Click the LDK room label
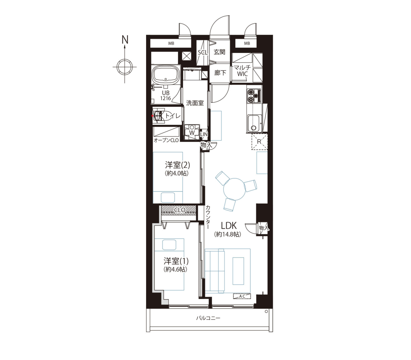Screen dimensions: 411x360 click(x=229, y=226)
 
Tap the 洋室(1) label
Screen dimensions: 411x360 click(x=176, y=261)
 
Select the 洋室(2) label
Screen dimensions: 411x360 click(x=178, y=165)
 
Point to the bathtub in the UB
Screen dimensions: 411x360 click(x=166, y=75)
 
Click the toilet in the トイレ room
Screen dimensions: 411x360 click(x=159, y=116)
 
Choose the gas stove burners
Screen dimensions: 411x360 click(x=254, y=96)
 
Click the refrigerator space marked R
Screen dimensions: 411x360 click(x=260, y=142)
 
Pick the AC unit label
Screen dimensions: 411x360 click(x=242, y=296)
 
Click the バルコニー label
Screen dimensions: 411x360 click(x=208, y=318)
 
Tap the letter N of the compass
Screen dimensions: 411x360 click(x=125, y=40)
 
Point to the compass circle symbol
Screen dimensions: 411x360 click(x=124, y=67)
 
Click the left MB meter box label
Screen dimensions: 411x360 click(x=171, y=43)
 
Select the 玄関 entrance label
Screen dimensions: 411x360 click(x=220, y=52)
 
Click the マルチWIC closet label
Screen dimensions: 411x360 click(x=242, y=70)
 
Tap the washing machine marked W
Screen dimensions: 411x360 click(x=192, y=132)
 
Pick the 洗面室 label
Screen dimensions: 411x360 click(x=195, y=103)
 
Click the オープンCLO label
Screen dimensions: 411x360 click(x=166, y=140)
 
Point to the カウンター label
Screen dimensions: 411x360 click(x=208, y=217)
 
